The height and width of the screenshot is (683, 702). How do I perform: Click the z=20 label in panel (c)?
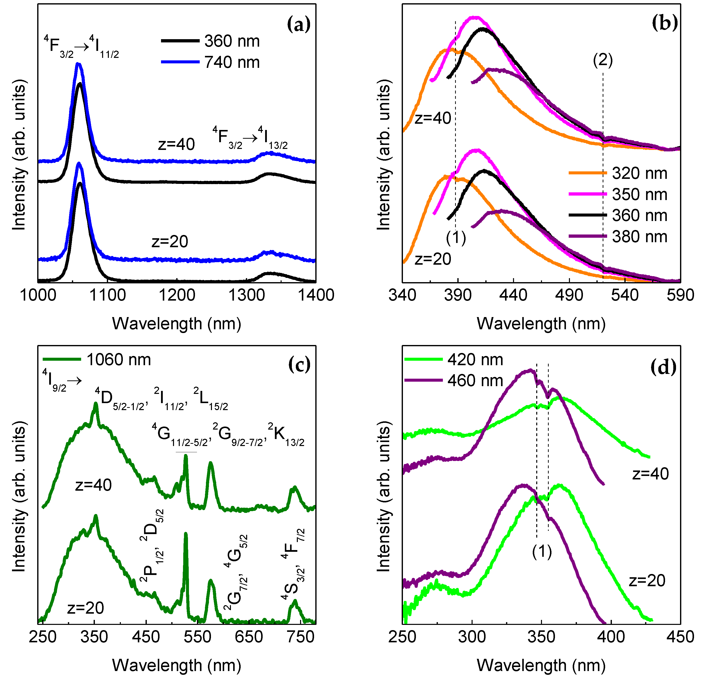pos(85,608)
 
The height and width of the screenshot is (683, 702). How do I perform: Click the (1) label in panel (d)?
pos(541,551)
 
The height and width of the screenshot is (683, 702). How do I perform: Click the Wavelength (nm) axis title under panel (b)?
pos(541,324)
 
